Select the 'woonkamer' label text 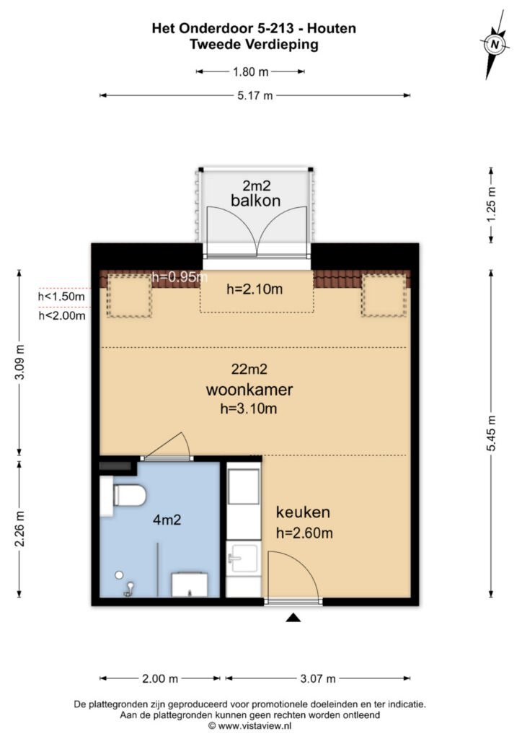[249, 390]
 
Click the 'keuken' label [303, 513]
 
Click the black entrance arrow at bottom [293, 618]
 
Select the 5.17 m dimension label [255, 96]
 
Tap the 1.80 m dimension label [250, 71]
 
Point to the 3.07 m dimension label [317, 678]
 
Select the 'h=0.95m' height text [180, 276]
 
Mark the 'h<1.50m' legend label [61, 296]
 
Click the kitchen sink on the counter [243, 557]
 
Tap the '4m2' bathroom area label [167, 519]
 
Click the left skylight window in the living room [129, 295]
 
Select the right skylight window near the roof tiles [384, 295]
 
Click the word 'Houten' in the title [331, 29]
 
